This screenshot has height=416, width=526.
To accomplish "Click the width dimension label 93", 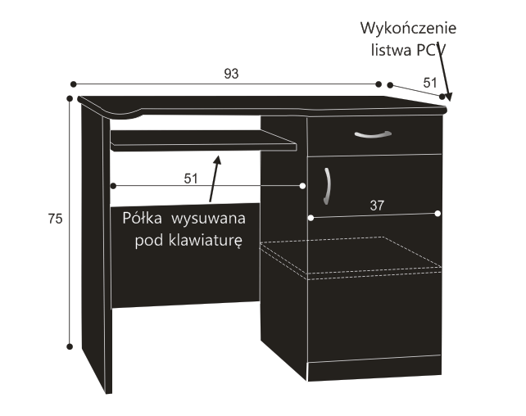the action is coord(231,74).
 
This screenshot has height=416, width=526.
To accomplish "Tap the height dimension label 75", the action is coord(56,219).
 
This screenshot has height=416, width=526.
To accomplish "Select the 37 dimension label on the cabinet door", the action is coord(377,206).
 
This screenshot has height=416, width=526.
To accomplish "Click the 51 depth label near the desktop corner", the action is coord(430,83).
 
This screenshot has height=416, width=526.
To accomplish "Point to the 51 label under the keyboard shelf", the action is coord(191,179).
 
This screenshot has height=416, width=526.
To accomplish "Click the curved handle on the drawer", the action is coord(373,134).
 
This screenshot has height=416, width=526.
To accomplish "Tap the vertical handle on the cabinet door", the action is coord(328,187).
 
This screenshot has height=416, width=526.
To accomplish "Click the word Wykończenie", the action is coord(408,28).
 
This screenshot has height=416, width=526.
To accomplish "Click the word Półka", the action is coord(142,218).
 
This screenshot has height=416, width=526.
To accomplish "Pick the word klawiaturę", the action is coord(205,241).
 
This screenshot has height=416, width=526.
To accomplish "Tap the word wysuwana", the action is coord(208,219).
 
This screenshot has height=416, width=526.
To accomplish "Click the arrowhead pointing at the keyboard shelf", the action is coord(217,161).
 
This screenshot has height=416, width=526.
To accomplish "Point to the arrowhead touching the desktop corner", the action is coord(448,97).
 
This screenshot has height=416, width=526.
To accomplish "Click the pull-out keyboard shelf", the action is coord(203,141).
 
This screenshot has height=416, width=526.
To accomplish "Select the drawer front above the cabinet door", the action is coord(374,135).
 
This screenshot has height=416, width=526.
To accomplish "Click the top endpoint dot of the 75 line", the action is coord(70,98).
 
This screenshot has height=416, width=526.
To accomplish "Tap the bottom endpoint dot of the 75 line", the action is coord(70,346).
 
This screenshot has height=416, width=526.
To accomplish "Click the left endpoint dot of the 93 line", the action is coord(74,84).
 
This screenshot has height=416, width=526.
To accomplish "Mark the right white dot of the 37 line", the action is coord(438,214).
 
